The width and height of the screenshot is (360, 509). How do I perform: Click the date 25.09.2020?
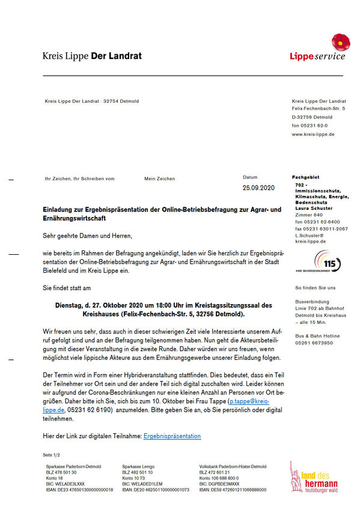[x=258, y=188]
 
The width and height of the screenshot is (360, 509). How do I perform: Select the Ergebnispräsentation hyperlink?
[x=172, y=436]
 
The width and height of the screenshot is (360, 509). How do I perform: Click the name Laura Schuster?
[x=313, y=209]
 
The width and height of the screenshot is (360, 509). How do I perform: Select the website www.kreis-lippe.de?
[x=313, y=134]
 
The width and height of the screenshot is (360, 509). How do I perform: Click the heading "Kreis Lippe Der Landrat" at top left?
[x=92, y=56]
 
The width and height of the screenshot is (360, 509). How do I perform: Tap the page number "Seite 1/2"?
[x=52, y=455]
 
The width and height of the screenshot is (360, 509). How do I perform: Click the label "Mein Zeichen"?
[x=160, y=178]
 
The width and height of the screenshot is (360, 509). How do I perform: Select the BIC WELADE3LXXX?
[x=66, y=484]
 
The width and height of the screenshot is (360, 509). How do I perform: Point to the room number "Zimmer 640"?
[x=309, y=215]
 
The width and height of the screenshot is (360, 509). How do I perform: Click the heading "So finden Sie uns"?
[x=316, y=288]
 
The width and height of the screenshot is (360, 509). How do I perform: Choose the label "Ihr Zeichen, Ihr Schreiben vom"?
[x=79, y=178]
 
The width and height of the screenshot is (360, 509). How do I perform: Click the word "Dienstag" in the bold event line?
[x=73, y=305]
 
